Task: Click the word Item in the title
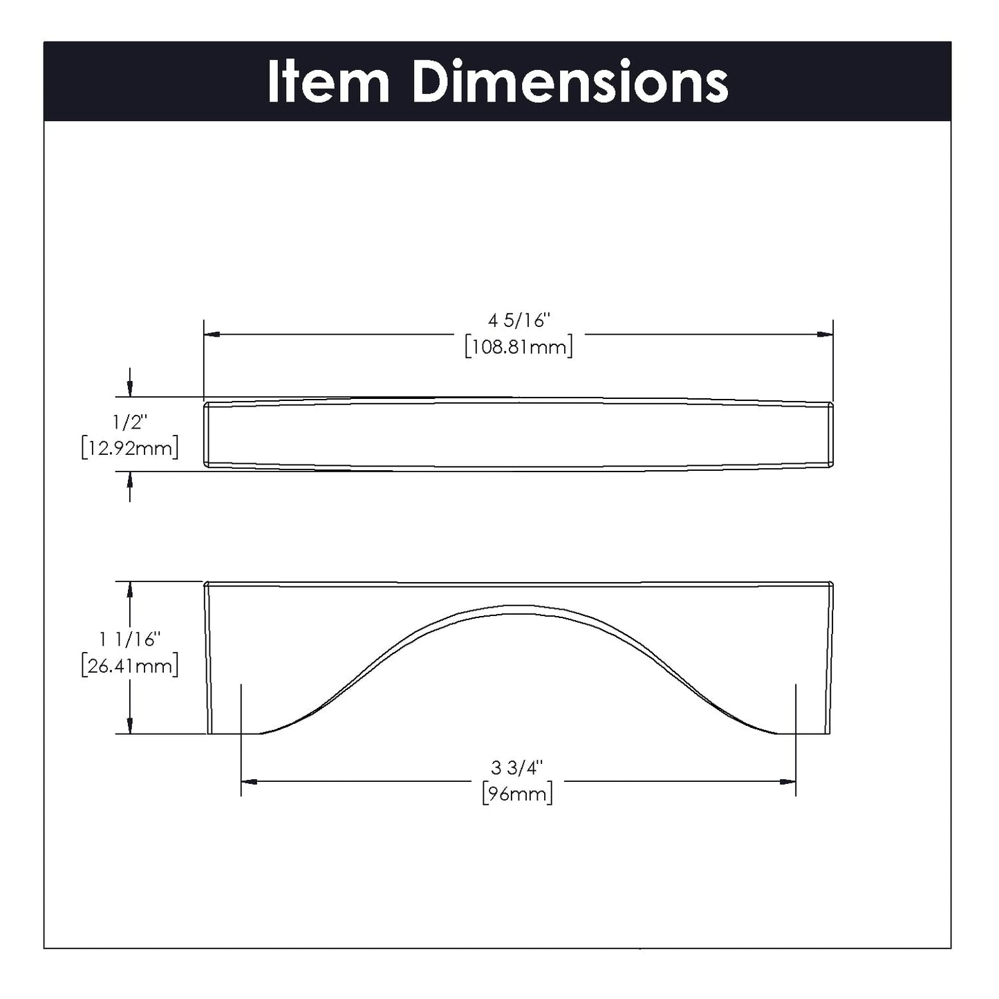click(328, 82)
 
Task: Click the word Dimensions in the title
click(570, 82)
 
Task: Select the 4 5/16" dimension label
click(519, 321)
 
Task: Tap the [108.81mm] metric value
click(519, 346)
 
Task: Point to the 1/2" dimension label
click(130, 422)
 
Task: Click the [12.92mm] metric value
click(130, 448)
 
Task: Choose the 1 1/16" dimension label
click(130, 639)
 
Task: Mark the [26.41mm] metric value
click(130, 666)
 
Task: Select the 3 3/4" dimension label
click(518, 767)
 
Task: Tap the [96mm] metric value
click(518, 794)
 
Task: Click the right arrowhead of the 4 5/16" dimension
click(825, 335)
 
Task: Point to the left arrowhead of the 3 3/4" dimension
click(249, 782)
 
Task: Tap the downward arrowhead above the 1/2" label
click(130, 390)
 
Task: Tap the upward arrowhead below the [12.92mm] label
click(130, 479)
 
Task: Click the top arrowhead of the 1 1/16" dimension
click(130, 589)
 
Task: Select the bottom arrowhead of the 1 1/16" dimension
click(130, 726)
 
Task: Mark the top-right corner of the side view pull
click(831, 583)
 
